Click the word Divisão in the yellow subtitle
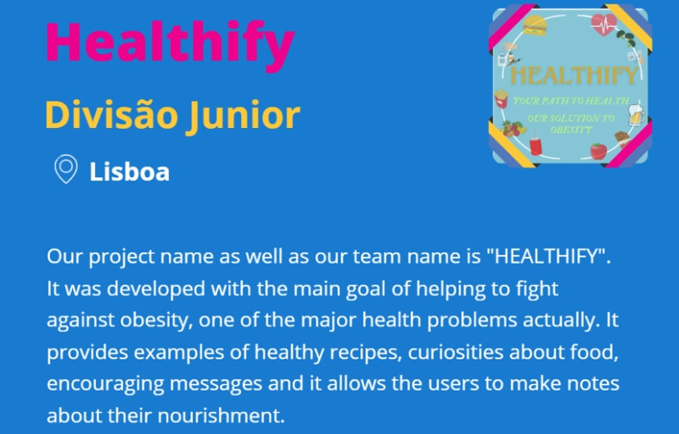click(x=112, y=114)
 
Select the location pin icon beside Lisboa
click(x=66, y=169)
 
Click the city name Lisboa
click(x=130, y=171)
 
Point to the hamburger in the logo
click(x=536, y=25)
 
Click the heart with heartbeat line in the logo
click(x=603, y=25)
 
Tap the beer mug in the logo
click(x=636, y=115)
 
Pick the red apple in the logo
click(x=599, y=151)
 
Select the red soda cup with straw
click(x=536, y=143)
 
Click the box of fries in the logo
click(x=501, y=99)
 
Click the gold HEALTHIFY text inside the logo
click(x=575, y=75)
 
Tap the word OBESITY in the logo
click(x=570, y=130)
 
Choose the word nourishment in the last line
click(x=221, y=415)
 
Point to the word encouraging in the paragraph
click(x=105, y=384)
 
